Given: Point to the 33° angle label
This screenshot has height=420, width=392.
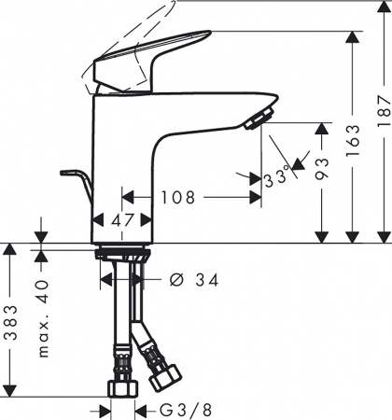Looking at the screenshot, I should (275, 176).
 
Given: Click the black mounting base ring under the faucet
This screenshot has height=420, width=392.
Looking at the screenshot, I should (122, 251).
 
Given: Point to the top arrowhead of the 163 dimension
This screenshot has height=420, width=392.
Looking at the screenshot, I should (352, 36).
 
